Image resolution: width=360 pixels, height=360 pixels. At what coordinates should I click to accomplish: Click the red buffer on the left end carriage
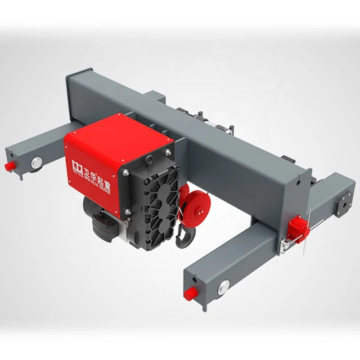tap(8, 166)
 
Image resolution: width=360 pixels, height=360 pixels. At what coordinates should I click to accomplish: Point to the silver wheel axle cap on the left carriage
tap(35, 162)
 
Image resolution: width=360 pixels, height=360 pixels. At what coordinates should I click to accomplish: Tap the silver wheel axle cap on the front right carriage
tap(224, 286)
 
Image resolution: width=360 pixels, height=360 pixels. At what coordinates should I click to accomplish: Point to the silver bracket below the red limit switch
tap(284, 245)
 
